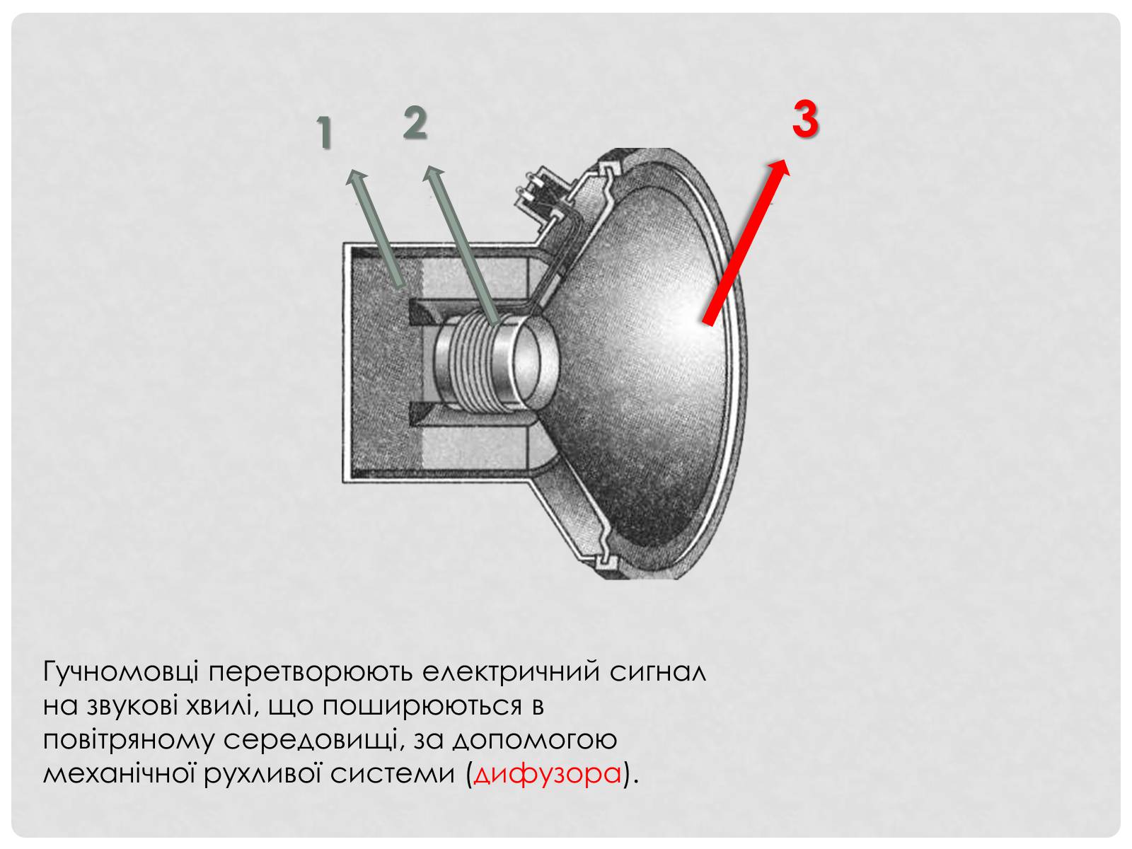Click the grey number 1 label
[x=323, y=132]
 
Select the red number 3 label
[x=806, y=119]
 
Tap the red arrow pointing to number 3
[x=746, y=242]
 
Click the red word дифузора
[x=547, y=775]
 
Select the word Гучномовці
[x=121, y=672]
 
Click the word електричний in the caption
[x=511, y=671]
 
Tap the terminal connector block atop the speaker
[x=541, y=193]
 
